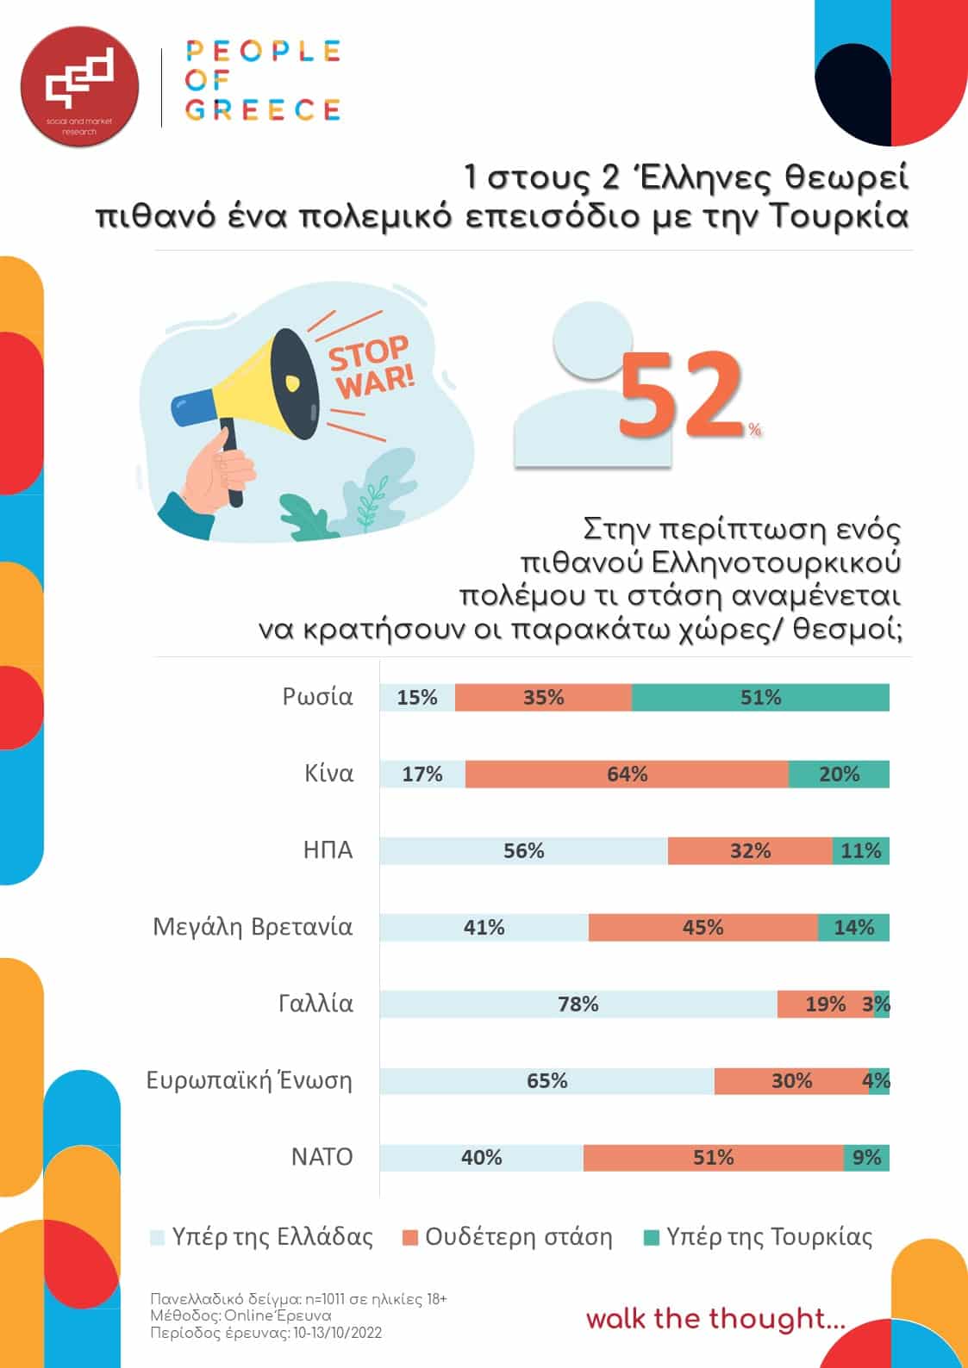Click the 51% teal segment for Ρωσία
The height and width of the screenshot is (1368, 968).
tap(760, 698)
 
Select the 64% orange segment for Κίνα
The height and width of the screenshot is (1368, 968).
tap(627, 774)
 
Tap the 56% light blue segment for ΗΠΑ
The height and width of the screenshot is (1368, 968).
tap(523, 851)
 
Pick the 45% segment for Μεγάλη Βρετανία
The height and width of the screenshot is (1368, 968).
tap(703, 928)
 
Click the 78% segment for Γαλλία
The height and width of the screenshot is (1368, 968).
tap(578, 1004)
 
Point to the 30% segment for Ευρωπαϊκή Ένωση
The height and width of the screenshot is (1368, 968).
tap(790, 1081)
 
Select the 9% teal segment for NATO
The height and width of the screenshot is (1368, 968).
tap(866, 1158)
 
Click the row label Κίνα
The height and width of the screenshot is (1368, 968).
tap(329, 773)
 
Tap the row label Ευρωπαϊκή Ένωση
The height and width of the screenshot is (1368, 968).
tap(249, 1080)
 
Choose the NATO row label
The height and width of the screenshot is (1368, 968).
tap(322, 1157)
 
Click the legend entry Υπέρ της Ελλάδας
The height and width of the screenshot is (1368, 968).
tap(262, 1238)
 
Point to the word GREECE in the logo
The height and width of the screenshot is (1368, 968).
tap(263, 110)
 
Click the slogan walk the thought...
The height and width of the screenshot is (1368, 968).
tap(715, 1319)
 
